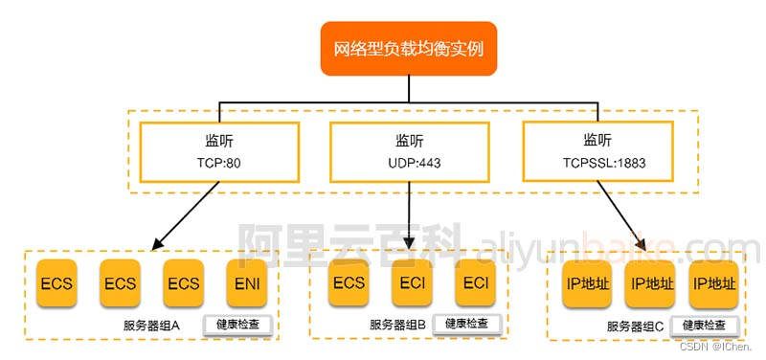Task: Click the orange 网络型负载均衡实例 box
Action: [409, 48]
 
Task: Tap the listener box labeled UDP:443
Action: [409, 150]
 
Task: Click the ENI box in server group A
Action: [247, 283]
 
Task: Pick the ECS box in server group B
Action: [349, 283]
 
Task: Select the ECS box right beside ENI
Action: [184, 283]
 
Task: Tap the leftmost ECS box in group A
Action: [57, 283]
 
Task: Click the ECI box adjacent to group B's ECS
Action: [412, 283]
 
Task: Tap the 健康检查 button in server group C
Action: [704, 326]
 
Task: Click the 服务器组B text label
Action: [398, 326]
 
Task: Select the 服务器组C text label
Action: [635, 326]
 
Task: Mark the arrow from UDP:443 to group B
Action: [409, 220]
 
